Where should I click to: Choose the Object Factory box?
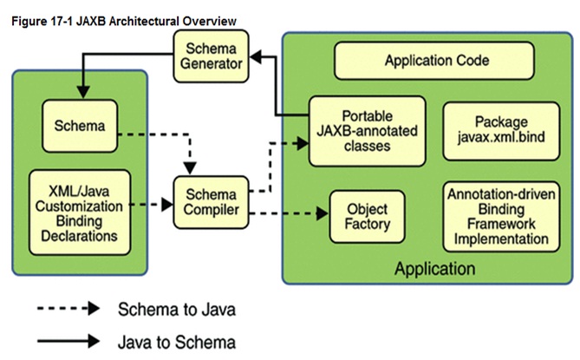coord(367,216)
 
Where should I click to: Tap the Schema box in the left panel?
coord(79,127)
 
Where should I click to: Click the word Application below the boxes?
coord(434,268)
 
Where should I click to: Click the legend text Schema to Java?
coord(175,308)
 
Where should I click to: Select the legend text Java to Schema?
coord(175,341)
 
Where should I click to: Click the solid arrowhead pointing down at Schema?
coord(82,92)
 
